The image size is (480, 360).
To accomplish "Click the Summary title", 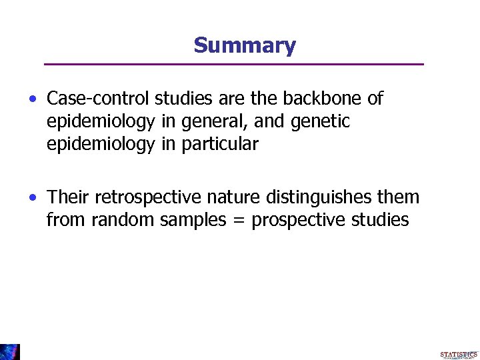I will pos(244,45).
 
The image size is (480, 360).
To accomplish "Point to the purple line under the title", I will pos(233,64).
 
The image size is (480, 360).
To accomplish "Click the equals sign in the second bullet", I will pos(239,221).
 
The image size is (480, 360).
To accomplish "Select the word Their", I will pos(69,197).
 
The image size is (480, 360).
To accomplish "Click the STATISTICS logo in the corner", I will pos(458,355).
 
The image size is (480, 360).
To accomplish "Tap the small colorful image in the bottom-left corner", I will pos(10,352).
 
